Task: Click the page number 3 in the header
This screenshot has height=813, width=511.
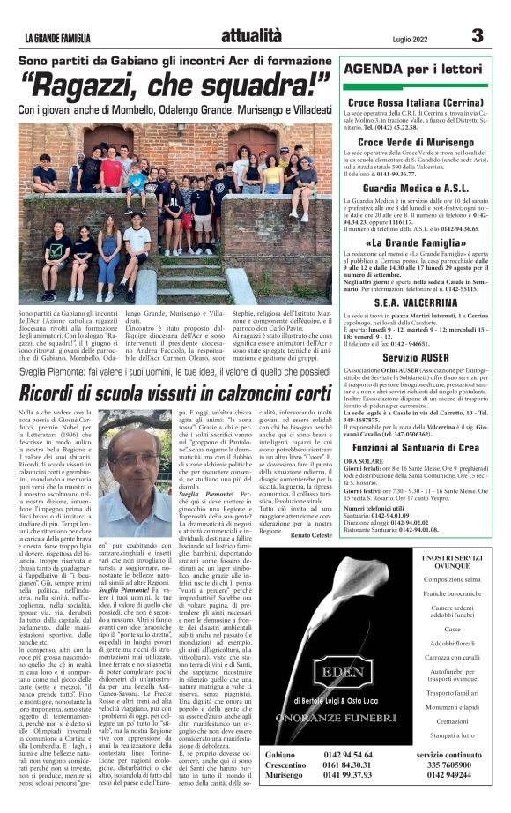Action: tap(478, 35)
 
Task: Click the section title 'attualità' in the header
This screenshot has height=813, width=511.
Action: tap(251, 36)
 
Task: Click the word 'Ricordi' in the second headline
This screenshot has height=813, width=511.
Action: tap(47, 392)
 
